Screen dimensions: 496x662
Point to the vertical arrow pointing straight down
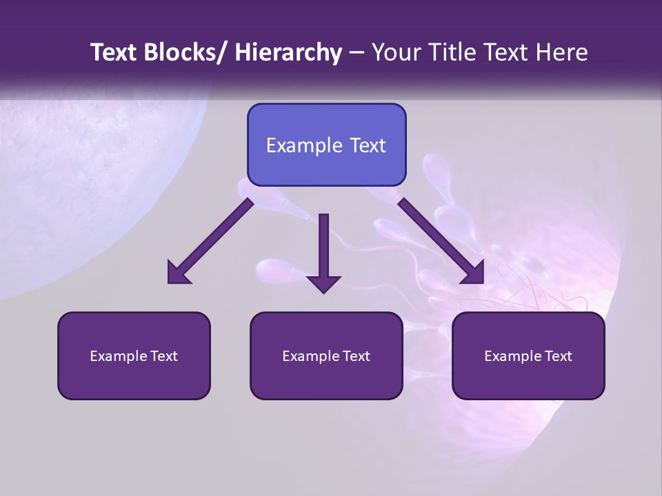(323, 251)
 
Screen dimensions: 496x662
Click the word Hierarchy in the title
(288, 52)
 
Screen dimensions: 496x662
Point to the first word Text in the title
(114, 52)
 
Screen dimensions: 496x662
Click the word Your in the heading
(396, 52)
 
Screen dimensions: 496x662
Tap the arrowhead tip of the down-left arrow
(170, 282)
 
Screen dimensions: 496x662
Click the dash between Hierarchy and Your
(357, 52)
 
